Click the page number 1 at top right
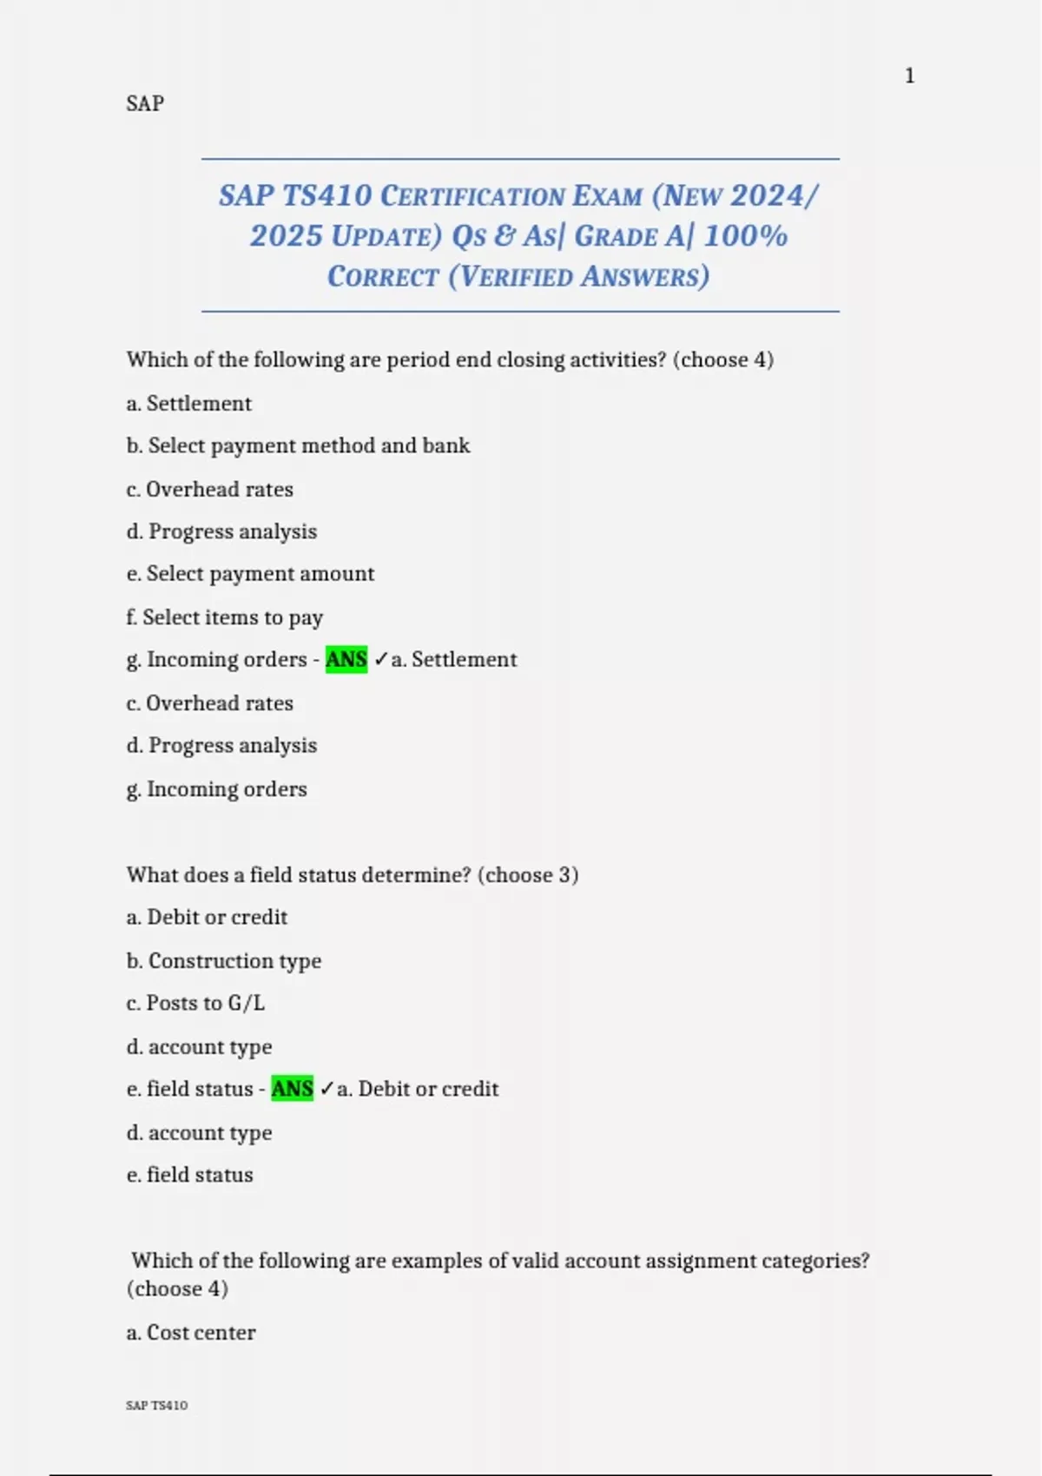pos(909,76)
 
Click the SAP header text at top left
pos(145,103)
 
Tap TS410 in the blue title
pos(327,195)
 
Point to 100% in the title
pos(745,236)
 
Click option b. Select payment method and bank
pos(298,445)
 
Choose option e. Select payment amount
pos(250,574)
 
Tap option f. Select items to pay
pos(224,617)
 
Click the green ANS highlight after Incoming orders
pos(346,660)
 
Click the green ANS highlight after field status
pos(292,1089)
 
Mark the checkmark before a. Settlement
pos(380,660)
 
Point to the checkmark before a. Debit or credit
pos(326,1089)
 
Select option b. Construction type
pos(223,960)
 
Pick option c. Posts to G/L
pos(195,1003)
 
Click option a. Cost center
pos(191,1333)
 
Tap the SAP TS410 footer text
pos(156,1405)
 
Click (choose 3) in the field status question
pos(528,874)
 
